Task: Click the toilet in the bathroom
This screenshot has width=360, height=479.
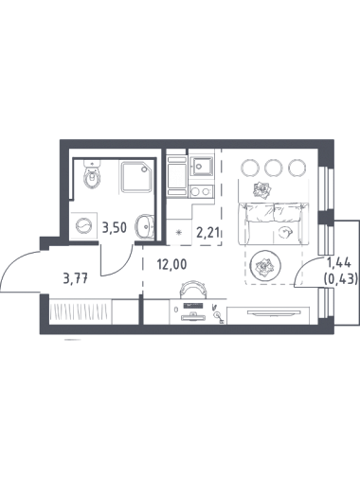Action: tap(92, 174)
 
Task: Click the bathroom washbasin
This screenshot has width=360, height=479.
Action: tap(145, 226)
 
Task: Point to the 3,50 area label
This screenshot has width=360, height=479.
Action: tap(115, 227)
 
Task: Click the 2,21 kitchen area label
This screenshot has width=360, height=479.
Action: tap(207, 233)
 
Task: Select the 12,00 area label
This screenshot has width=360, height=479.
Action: tap(172, 264)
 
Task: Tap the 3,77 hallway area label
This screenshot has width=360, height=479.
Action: tap(76, 278)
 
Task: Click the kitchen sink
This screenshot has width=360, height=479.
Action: tap(202, 166)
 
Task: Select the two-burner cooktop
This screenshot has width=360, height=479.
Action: tap(201, 191)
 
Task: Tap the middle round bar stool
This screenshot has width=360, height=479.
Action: tap(274, 168)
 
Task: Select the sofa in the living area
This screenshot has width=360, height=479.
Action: tap(273, 223)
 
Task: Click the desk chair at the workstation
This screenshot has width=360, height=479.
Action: tap(193, 289)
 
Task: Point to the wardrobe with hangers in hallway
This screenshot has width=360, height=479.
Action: tap(81, 311)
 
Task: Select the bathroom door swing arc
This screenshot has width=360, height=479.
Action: tap(121, 266)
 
